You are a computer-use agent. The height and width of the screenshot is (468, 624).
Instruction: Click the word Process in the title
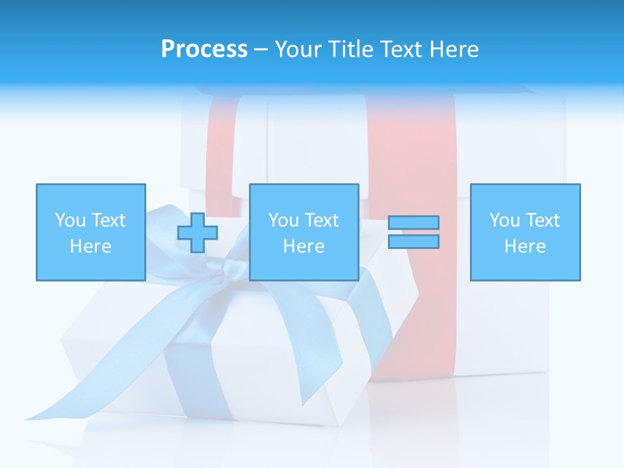(x=204, y=49)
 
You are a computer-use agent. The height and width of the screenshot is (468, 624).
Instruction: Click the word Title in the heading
(x=351, y=49)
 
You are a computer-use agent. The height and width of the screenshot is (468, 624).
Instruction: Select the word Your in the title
(x=300, y=49)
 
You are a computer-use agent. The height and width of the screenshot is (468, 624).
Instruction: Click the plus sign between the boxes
(x=198, y=233)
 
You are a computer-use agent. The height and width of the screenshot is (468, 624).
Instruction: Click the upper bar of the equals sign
(x=413, y=222)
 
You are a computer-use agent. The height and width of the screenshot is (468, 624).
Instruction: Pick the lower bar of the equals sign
(x=413, y=241)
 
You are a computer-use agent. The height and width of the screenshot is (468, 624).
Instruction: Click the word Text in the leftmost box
(x=109, y=220)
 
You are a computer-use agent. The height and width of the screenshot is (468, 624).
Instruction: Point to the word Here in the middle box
(x=304, y=246)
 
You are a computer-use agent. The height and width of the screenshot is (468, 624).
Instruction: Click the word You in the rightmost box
(x=504, y=220)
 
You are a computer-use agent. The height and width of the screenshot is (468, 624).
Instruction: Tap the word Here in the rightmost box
(x=525, y=246)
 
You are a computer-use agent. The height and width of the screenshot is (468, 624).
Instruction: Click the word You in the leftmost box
(x=70, y=220)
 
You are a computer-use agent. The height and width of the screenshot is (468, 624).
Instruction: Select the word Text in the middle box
(x=322, y=220)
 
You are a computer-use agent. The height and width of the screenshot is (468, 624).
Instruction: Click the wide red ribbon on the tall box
(x=416, y=325)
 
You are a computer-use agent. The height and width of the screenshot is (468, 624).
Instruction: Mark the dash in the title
(x=261, y=49)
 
